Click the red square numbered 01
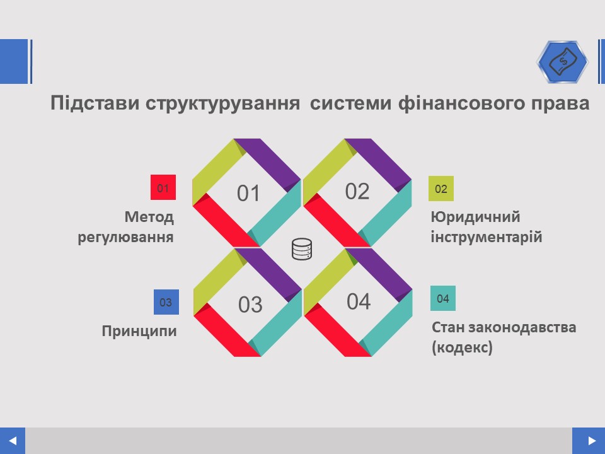(x=163, y=187)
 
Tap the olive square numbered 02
(x=441, y=189)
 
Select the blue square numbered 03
(x=166, y=302)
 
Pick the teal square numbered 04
(x=443, y=298)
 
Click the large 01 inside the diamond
(x=248, y=193)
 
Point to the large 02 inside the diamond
(x=357, y=191)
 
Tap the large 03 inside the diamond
(x=250, y=304)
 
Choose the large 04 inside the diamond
(x=359, y=301)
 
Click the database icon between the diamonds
(x=302, y=249)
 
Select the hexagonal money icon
(x=563, y=62)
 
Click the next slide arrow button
(x=589, y=441)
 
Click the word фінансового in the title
(x=461, y=103)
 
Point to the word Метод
(x=149, y=217)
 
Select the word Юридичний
(x=475, y=217)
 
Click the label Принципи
(x=139, y=331)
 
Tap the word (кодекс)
(x=462, y=347)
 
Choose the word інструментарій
(x=487, y=236)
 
